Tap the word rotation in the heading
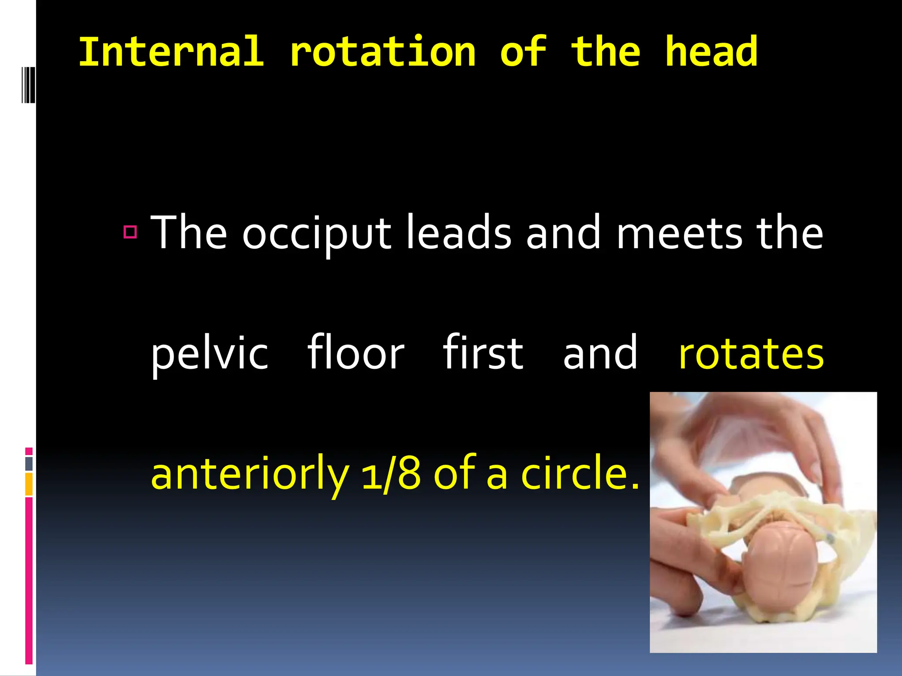[383, 52]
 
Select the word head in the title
[711, 52]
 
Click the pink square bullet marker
[130, 232]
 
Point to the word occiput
[316, 233]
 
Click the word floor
[355, 352]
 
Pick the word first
[483, 352]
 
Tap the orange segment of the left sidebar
[29, 484]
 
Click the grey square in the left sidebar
[29, 463]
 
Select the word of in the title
[523, 52]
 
